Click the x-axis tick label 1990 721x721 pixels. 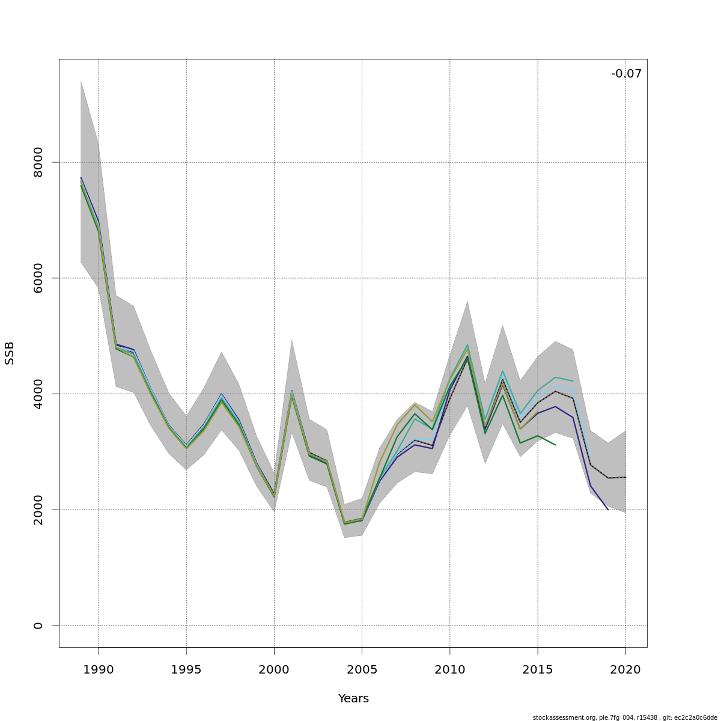99,669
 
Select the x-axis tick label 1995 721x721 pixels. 186,669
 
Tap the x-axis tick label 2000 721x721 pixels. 274,669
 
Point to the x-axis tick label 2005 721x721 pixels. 362,669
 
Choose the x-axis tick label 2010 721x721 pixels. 449,669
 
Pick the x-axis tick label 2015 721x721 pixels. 538,669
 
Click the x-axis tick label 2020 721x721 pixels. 625,669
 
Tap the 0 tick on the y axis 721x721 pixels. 38,625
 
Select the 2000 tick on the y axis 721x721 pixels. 38,510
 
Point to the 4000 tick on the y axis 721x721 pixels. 38,394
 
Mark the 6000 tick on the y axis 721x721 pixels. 38,278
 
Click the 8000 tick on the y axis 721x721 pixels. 38,162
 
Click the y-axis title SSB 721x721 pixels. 10,353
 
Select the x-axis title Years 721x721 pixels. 353,699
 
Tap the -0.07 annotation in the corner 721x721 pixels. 626,74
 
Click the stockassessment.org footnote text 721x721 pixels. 625,717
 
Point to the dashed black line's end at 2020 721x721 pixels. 625,477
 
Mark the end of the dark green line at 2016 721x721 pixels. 555,445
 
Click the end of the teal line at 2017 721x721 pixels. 573,381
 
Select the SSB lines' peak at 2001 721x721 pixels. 291,393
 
